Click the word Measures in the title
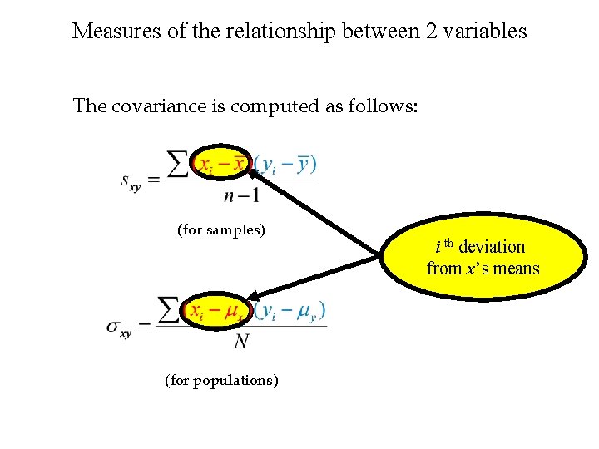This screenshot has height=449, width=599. [x=110, y=32]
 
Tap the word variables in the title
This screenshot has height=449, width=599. [x=485, y=32]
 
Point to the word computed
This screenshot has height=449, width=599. [x=268, y=106]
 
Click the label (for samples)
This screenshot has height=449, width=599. [x=220, y=229]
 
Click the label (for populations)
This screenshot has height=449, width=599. [x=221, y=381]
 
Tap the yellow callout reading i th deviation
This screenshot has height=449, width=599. [x=483, y=257]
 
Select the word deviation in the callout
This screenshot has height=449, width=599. [x=492, y=247]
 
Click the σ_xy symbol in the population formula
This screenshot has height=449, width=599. [x=119, y=328]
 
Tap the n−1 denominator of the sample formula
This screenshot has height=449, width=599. [x=241, y=196]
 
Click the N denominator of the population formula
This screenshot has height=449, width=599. [x=242, y=342]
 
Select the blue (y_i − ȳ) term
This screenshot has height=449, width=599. [x=285, y=164]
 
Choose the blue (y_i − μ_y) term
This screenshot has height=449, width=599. [x=290, y=311]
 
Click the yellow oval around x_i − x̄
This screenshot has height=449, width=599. [x=221, y=164]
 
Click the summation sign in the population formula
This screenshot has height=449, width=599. [x=170, y=311]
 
